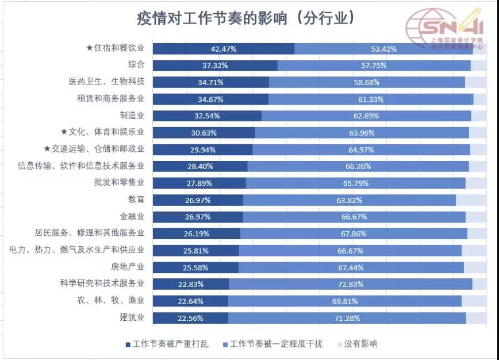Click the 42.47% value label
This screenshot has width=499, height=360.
223,49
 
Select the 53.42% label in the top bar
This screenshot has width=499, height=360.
384,49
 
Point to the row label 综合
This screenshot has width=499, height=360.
136,64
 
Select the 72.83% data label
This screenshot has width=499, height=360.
350,284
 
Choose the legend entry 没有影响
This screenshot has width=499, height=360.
360,344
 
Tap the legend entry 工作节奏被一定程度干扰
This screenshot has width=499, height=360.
275,344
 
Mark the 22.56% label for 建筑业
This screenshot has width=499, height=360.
190,317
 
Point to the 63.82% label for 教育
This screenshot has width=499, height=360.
349,200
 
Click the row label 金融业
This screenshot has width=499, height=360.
132,217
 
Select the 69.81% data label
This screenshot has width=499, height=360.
345,301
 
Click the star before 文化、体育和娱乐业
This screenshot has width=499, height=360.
64,132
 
